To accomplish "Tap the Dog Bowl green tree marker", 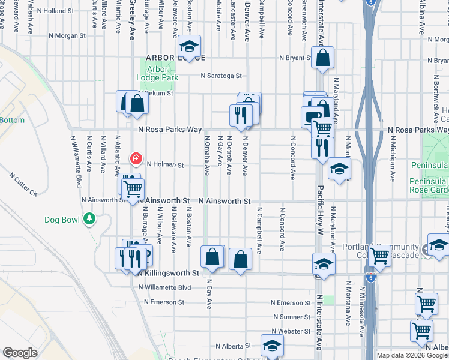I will pos(89,219).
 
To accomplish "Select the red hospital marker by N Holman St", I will pos(136,159).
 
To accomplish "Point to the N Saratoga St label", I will pos(221,76).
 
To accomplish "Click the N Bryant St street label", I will pos(294,58).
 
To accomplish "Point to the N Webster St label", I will pos(291,331).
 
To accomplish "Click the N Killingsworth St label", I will pos(167,272).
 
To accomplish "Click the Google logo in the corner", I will pos(20,353).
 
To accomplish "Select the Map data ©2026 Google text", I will pos(411,355).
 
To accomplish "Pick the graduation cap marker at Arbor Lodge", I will pos(190,46).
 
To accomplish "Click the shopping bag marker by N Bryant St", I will pos(322,58).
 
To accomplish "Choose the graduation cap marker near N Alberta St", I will pos(272,345).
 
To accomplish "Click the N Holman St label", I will pos(164,164).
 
